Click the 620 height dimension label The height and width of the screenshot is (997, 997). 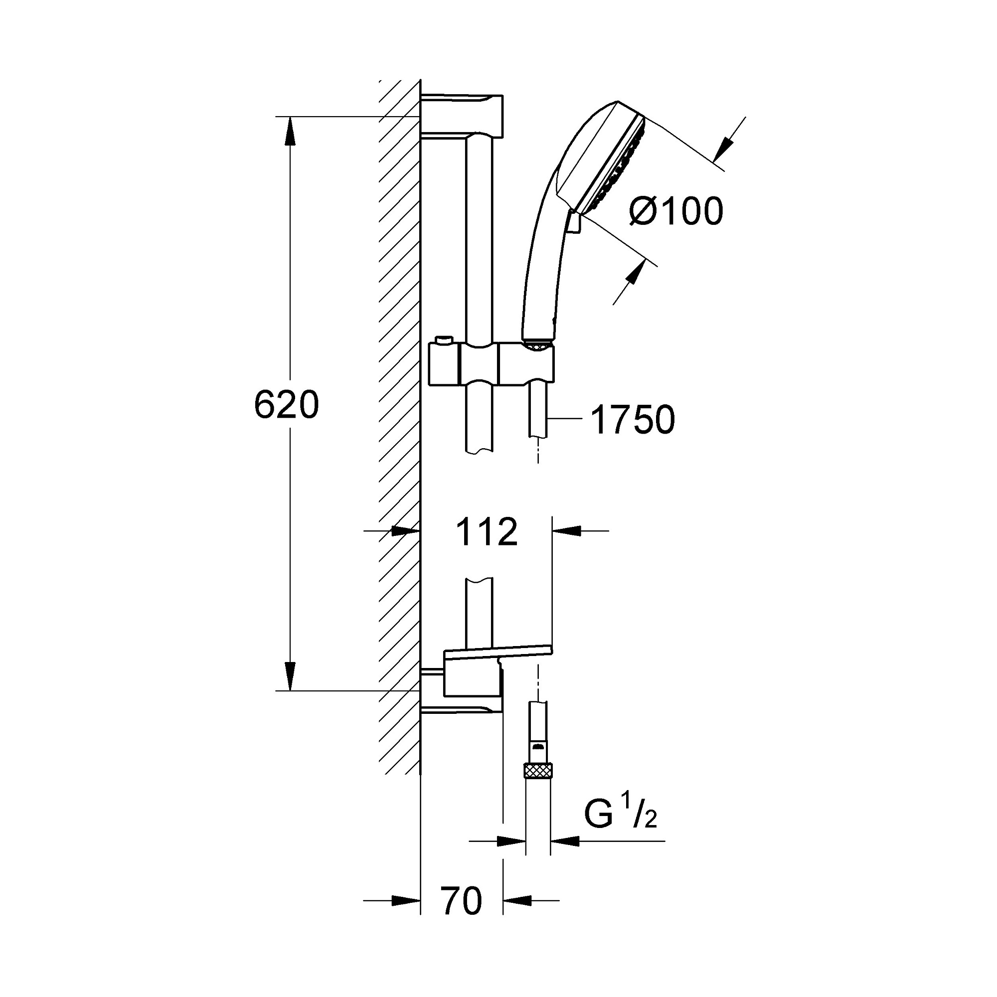point(287,405)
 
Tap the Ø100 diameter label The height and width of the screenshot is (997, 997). point(676,211)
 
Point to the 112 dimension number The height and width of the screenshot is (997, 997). point(487,532)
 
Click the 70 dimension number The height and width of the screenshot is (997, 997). point(461,901)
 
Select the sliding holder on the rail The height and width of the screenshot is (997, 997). point(491,365)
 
